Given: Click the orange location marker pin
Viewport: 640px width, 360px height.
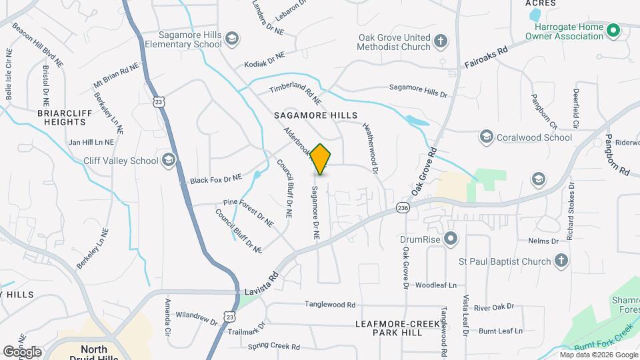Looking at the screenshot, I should point(321,159).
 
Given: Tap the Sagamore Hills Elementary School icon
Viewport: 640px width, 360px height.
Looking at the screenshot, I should point(231,37).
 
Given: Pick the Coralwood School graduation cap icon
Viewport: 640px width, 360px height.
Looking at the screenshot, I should point(487,137).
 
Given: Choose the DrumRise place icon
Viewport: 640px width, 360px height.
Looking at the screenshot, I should point(451,238).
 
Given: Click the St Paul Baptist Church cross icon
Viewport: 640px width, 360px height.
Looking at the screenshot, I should point(561,260).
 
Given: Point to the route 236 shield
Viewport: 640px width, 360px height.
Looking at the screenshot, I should point(402,208).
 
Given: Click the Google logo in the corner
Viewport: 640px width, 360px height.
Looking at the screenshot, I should point(22,351).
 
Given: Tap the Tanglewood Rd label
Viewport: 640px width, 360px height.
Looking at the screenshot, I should point(330,305).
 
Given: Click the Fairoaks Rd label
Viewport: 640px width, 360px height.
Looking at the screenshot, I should point(486,58).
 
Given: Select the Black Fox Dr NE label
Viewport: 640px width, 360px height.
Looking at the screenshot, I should point(215,179).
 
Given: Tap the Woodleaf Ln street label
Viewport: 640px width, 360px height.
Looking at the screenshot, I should point(436,285).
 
